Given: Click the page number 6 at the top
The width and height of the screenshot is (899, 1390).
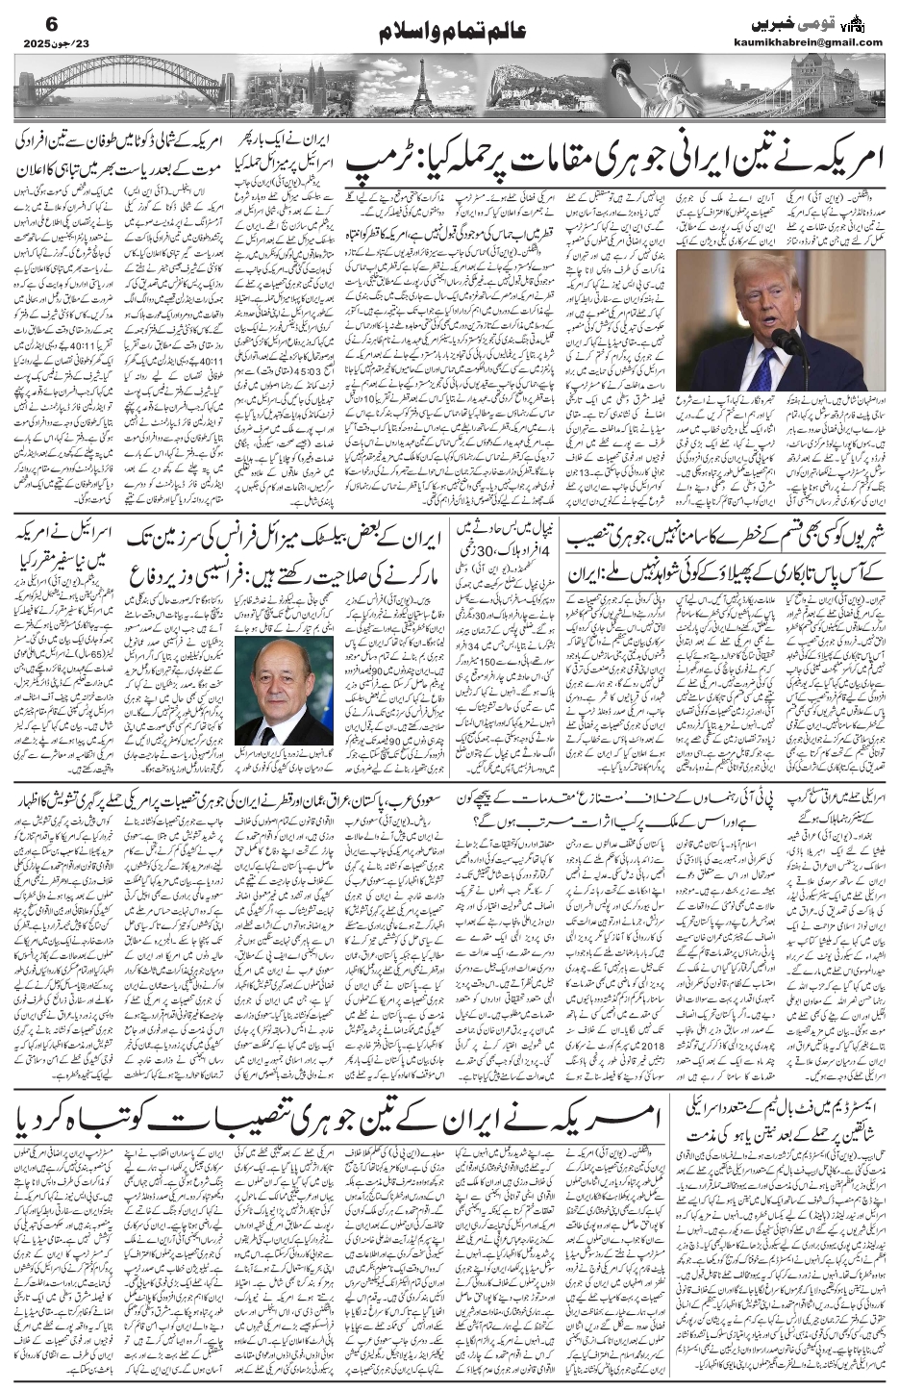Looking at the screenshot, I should pyautogui.click(x=25, y=20).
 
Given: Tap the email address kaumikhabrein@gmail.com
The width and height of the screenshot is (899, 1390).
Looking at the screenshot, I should pyautogui.click(x=818, y=41).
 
